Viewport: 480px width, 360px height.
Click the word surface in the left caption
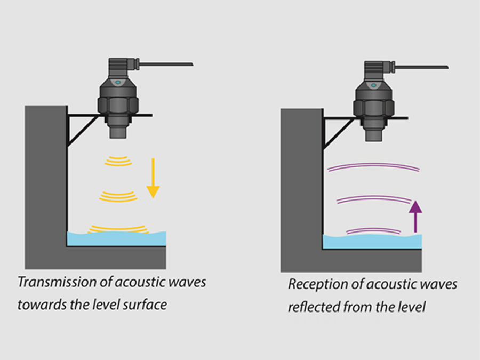click(150, 305)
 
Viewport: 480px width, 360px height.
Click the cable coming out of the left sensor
click(165, 65)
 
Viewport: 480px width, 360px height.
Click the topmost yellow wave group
click(117, 160)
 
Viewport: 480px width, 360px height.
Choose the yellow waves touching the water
click(117, 228)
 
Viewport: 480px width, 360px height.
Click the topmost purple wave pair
click(373, 167)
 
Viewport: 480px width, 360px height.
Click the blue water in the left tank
click(117, 238)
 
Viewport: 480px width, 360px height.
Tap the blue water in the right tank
click(373, 242)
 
